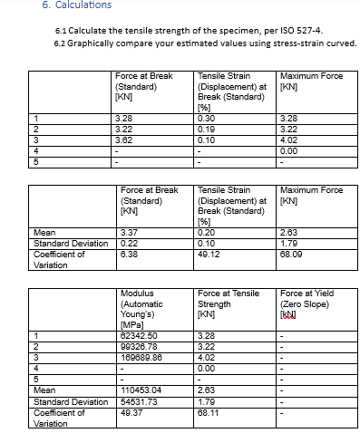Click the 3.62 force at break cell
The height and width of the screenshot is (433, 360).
(126, 140)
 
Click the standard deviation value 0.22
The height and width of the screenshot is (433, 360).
(129, 244)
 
